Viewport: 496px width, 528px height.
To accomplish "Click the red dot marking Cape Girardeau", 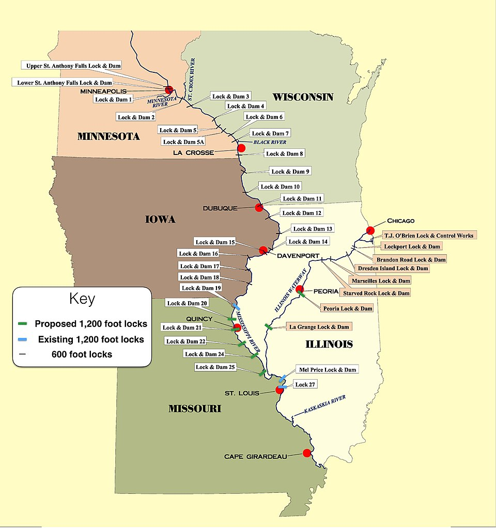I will click(306, 453).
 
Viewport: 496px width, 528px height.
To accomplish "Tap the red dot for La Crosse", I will click(241, 148).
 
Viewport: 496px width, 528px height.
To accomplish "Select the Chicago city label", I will click(400, 221).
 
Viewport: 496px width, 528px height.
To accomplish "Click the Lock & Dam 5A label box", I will click(184, 142).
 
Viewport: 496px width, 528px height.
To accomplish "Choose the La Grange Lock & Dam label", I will click(320, 327).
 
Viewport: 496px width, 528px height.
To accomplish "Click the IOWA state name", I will click(160, 220).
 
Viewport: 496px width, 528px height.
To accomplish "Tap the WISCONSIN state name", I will click(303, 97).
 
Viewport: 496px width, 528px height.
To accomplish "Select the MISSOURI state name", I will click(195, 409).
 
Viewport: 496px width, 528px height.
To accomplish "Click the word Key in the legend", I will click(82, 299).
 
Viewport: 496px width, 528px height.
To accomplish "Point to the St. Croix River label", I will click(192, 81).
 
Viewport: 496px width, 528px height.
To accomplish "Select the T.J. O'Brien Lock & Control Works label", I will click(429, 236).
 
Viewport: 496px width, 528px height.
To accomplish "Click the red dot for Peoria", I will click(299, 289).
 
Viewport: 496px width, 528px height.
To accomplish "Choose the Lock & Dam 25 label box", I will click(215, 367).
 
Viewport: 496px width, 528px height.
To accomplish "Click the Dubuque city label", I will click(220, 208).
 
